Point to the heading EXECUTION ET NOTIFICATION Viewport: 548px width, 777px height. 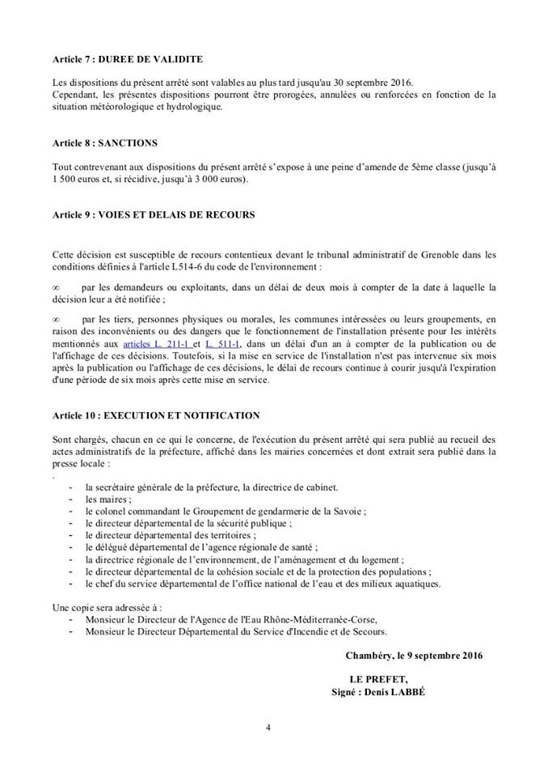[x=155, y=415]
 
